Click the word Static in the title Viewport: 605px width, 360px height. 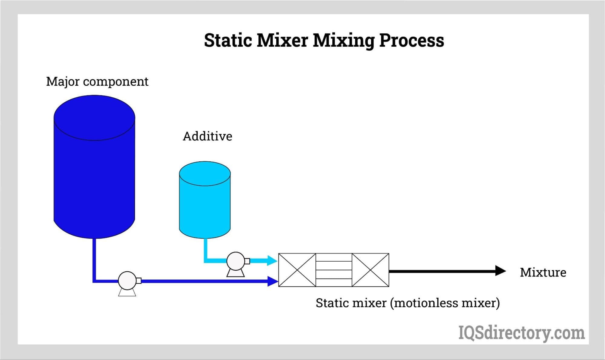click(x=228, y=40)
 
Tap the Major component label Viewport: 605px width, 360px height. click(x=97, y=81)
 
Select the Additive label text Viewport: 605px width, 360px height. click(x=207, y=137)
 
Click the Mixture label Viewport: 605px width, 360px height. click(x=543, y=272)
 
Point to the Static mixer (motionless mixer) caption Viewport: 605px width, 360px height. click(x=407, y=303)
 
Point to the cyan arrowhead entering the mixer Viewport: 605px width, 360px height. click(x=272, y=260)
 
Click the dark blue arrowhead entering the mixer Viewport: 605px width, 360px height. click(x=273, y=281)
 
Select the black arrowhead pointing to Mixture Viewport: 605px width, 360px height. click(x=500, y=271)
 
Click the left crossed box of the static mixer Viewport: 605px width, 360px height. click(x=297, y=270)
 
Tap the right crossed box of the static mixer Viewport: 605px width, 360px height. click(x=370, y=270)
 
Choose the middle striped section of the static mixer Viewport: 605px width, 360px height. click(x=334, y=270)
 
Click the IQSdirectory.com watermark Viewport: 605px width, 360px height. click(x=521, y=333)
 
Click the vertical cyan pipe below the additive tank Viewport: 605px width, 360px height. click(x=206, y=248)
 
